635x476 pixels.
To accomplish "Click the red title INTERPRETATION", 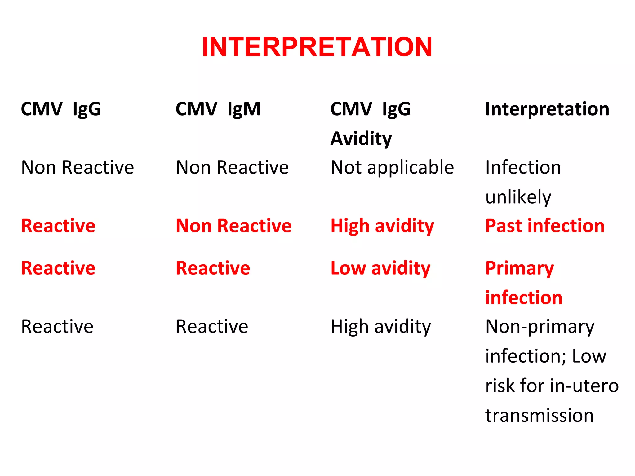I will point(317,47).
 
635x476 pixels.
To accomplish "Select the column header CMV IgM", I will point(218,109).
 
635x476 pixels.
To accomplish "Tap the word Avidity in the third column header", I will point(361,138).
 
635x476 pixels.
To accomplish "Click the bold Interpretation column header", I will point(547,109).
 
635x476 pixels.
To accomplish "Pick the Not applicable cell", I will point(392,168).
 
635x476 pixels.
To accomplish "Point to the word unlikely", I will point(518,197).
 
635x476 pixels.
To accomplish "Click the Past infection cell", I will point(545,226).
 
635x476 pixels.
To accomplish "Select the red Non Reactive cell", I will point(233,226).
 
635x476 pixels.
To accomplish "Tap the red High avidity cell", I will point(382,226).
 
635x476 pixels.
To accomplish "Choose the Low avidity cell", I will point(380,268).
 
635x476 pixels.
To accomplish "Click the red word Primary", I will point(519,268).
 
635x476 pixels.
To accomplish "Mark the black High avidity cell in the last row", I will point(380,327).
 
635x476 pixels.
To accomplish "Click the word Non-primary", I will point(540,327).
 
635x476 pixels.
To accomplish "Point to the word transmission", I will point(539,415).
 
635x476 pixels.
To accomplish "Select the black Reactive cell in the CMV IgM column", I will point(212,327).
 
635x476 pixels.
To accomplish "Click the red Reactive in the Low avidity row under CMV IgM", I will point(213,268).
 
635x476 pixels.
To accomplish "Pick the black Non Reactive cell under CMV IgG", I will point(77,168).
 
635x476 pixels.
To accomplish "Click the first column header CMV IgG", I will point(61,109).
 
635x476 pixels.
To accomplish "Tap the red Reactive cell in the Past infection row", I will point(58,226).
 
